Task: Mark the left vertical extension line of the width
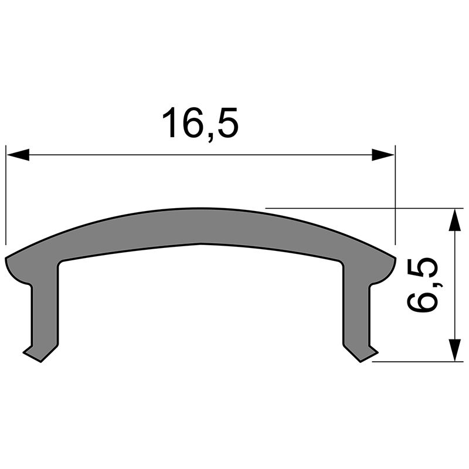tap(6, 193)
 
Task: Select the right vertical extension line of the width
tap(395, 193)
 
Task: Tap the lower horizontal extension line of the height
tap(416, 362)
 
